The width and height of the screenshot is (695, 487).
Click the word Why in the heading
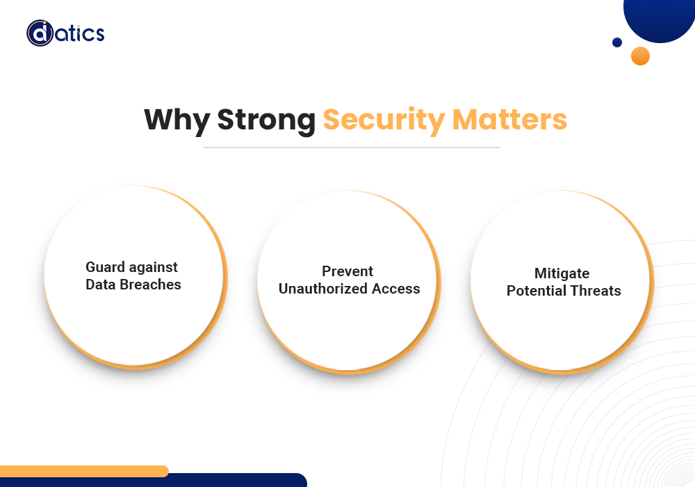[177, 120]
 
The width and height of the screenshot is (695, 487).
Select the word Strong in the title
[266, 120]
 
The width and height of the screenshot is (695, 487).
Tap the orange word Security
[384, 120]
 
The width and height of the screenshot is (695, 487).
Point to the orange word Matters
[509, 119]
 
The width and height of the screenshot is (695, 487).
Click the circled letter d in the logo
[40, 33]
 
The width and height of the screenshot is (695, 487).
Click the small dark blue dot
[617, 42]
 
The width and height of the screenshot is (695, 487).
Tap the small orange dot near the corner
[641, 56]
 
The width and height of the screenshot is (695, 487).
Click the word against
[154, 268]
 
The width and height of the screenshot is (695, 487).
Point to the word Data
[101, 285]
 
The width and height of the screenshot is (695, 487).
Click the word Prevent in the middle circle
[347, 271]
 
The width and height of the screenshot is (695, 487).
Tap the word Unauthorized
[323, 289]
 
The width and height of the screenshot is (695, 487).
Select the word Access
[396, 289]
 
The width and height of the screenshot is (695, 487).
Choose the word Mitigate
[562, 273]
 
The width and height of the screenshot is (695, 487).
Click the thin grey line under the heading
[351, 147]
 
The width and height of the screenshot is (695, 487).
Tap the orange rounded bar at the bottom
[84, 471]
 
